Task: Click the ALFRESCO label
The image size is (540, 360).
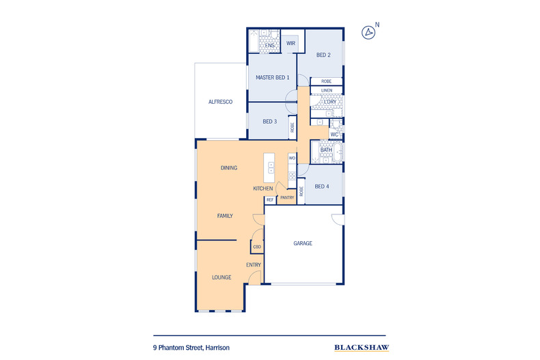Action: point(221,102)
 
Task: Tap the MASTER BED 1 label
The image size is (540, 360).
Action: point(273,78)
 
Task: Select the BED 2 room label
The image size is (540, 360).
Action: point(323,55)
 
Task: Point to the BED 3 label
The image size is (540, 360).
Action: point(269,122)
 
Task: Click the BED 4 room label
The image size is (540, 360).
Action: point(323,186)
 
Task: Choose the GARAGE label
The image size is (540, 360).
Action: point(303,243)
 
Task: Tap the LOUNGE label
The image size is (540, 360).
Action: point(221,277)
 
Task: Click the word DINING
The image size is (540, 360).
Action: point(228,168)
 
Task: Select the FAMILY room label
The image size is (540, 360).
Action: point(225,216)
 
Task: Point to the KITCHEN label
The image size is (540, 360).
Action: point(263,189)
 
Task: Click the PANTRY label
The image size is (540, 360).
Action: point(287,198)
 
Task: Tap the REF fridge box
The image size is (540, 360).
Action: point(270,199)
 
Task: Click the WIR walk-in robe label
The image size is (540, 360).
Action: point(291,43)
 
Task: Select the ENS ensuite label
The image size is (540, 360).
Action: point(270,46)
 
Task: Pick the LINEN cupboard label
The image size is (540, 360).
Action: point(327,90)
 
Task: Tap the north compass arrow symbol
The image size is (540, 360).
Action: point(369,31)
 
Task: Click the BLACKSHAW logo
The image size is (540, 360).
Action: point(362,348)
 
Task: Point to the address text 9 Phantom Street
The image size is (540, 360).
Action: point(191,348)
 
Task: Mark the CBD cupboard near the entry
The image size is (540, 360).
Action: point(257,247)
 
